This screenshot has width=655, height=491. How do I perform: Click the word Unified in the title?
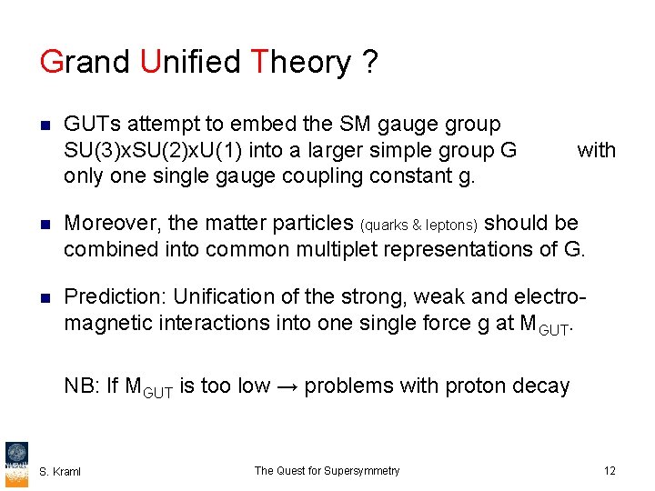pyautogui.click(x=191, y=63)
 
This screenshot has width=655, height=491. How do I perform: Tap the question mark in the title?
pyautogui.click(x=369, y=63)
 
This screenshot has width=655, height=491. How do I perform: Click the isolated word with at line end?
pyautogui.click(x=596, y=150)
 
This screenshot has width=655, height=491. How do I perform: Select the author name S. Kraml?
pyautogui.click(x=60, y=471)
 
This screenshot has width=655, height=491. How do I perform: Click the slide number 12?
pyautogui.click(x=609, y=471)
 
